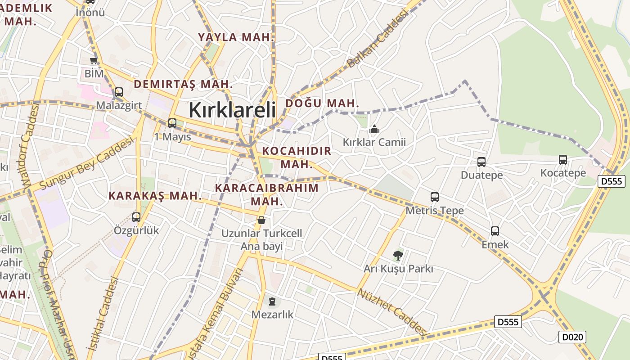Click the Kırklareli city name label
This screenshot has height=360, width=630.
(x=232, y=110)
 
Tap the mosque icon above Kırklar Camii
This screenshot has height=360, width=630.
(x=374, y=130)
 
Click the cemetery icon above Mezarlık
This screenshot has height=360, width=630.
(x=272, y=301)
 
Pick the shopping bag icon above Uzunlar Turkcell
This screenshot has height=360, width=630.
(x=261, y=220)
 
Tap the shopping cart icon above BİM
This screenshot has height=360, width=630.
(x=94, y=61)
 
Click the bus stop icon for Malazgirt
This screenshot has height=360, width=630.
(x=119, y=92)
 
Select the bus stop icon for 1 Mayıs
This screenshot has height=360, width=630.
(x=172, y=123)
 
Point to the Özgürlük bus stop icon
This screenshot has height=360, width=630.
(x=136, y=217)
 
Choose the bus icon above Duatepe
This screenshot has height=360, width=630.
(x=481, y=162)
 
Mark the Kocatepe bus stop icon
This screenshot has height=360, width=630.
(x=563, y=160)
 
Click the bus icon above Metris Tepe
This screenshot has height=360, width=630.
(x=435, y=197)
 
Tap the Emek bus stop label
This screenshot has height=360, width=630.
(x=495, y=245)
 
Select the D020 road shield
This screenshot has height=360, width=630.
(x=572, y=337)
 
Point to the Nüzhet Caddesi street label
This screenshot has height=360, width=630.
(x=392, y=312)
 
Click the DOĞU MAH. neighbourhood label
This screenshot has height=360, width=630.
(x=322, y=103)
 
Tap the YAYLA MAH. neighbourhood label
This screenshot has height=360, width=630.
(x=236, y=37)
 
